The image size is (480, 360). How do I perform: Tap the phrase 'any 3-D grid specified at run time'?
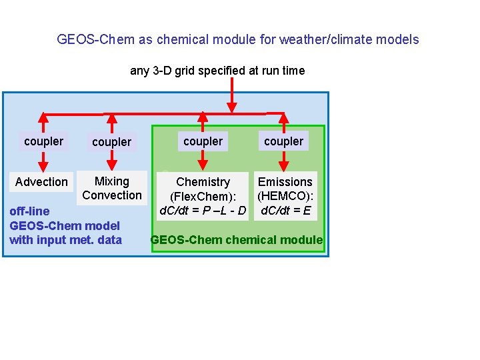[217, 71]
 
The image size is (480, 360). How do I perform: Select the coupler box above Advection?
[43, 141]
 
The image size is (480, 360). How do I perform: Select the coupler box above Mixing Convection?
[111, 142]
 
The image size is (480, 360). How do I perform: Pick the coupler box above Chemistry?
[203, 141]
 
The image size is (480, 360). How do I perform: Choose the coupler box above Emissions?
[283, 141]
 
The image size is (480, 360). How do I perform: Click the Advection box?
[41, 182]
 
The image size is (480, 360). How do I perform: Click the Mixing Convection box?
[112, 188]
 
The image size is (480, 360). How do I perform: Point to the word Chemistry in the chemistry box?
[203, 182]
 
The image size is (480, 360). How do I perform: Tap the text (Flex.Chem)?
[203, 197]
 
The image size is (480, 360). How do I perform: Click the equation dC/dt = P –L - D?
[203, 211]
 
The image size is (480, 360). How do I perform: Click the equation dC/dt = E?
[285, 211]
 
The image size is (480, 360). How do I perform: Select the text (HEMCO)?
[285, 197]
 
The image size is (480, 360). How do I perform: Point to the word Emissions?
[285, 182]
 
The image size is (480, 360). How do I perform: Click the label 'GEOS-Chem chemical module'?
[237, 240]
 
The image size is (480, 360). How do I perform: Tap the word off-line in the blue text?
[29, 211]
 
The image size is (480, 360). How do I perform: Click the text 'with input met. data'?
[65, 240]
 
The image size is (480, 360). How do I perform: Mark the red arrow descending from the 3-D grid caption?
[232, 94]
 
